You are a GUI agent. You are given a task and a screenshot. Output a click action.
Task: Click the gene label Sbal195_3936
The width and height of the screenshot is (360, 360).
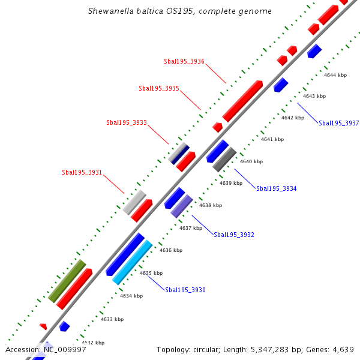point(184,61)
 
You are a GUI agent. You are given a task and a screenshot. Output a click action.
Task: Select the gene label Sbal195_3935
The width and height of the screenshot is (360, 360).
point(159,88)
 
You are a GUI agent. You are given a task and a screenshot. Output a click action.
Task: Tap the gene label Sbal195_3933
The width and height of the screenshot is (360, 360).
point(127,122)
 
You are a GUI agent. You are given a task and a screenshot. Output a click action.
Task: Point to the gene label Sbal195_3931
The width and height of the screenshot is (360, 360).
point(82,172)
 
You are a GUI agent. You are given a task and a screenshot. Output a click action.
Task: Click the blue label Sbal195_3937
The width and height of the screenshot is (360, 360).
point(338,123)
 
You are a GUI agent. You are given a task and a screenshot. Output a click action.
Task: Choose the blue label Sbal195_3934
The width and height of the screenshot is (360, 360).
point(276,188)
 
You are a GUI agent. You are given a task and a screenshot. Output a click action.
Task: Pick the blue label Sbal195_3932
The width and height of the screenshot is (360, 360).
point(233,235)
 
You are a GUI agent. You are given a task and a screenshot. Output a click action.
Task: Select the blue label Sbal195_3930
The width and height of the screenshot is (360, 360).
point(185,290)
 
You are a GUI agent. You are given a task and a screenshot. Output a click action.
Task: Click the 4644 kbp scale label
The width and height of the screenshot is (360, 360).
point(335,75)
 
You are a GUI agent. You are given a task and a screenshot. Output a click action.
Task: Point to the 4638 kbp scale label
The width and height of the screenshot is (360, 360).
point(211,205)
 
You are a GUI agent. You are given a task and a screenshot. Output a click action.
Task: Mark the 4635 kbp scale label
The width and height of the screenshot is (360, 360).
point(151,273)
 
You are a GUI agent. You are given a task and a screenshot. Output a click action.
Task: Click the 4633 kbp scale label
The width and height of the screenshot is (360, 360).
point(112,319)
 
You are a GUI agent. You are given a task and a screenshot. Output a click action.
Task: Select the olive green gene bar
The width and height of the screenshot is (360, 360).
point(67,281)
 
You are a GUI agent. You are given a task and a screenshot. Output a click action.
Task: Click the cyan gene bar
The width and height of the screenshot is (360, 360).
point(132,262)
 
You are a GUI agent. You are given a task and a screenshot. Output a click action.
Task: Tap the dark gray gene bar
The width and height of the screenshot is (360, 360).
point(224,159)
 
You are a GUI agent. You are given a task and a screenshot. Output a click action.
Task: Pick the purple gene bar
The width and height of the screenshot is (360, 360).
point(181,206)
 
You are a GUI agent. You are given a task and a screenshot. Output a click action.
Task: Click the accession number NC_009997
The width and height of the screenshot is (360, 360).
point(62,349)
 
